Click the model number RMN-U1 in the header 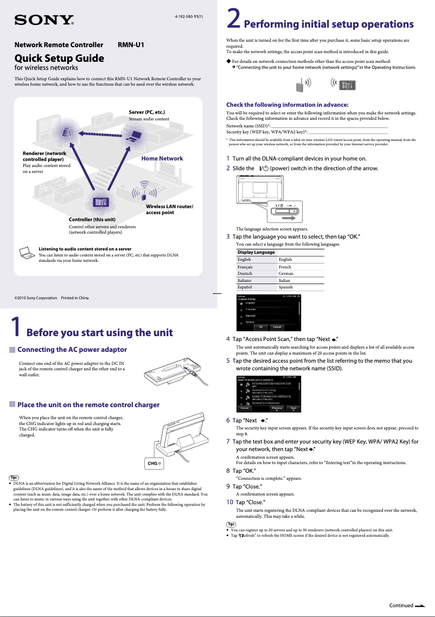(x=131, y=45)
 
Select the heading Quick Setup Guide (x=59, y=58)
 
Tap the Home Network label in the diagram (x=162, y=158)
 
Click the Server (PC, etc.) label (x=147, y=112)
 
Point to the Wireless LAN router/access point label (x=169, y=209)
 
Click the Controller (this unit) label (x=92, y=219)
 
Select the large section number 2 (x=233, y=20)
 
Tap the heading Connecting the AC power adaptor (x=72, y=350)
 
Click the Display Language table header (x=256, y=253)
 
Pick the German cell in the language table (x=286, y=274)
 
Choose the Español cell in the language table (x=248, y=287)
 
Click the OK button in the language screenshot (x=261, y=327)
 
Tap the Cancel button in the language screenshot (x=277, y=327)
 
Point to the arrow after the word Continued (x=420, y=606)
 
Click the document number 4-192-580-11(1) (x=188, y=17)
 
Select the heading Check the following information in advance (x=287, y=105)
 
